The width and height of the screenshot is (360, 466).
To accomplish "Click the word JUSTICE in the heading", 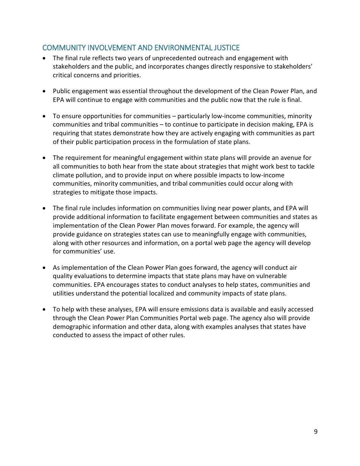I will pos(227,48).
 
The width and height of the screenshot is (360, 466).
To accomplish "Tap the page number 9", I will pos(316,432).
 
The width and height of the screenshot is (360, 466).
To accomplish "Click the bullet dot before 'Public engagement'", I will pos(45,91).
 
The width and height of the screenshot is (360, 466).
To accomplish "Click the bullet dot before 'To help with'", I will pos(45,310).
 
